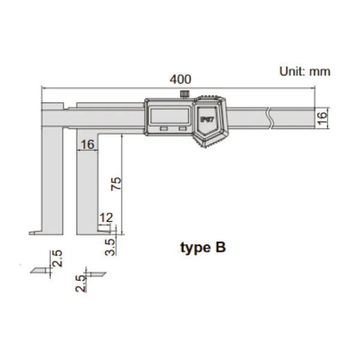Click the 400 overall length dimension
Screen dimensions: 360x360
pyautogui.click(x=180, y=79)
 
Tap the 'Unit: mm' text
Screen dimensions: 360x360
pyautogui.click(x=305, y=71)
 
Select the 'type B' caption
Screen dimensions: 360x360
pyautogui.click(x=203, y=248)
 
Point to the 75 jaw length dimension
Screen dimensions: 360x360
pyautogui.click(x=116, y=184)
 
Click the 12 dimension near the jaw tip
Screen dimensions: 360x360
pyautogui.click(x=106, y=217)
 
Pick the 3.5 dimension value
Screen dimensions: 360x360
pyautogui.click(x=110, y=247)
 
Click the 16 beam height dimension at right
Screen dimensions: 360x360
pyautogui.click(x=322, y=118)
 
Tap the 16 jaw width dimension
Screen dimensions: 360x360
pyautogui.click(x=87, y=145)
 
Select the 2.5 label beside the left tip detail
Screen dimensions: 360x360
pyautogui.click(x=57, y=259)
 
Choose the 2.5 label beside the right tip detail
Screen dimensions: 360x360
pyautogui.click(x=80, y=284)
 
